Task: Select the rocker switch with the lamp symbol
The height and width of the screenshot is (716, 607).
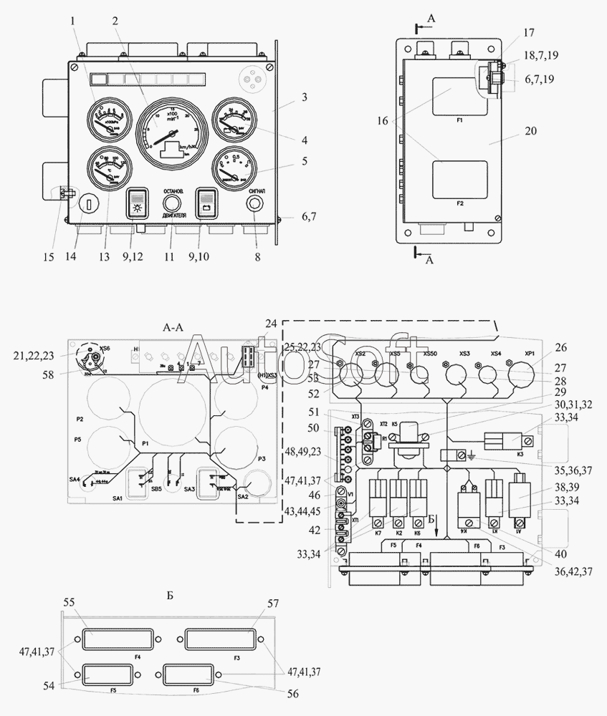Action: click(137, 203)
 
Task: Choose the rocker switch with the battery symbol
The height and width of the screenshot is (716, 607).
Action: click(206, 203)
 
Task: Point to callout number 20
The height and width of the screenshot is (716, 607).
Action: click(530, 130)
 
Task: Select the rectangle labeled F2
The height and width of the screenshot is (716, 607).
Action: click(459, 179)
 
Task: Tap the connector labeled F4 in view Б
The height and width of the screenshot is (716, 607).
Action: click(117, 640)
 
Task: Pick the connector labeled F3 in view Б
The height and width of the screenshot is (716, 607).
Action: click(220, 640)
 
